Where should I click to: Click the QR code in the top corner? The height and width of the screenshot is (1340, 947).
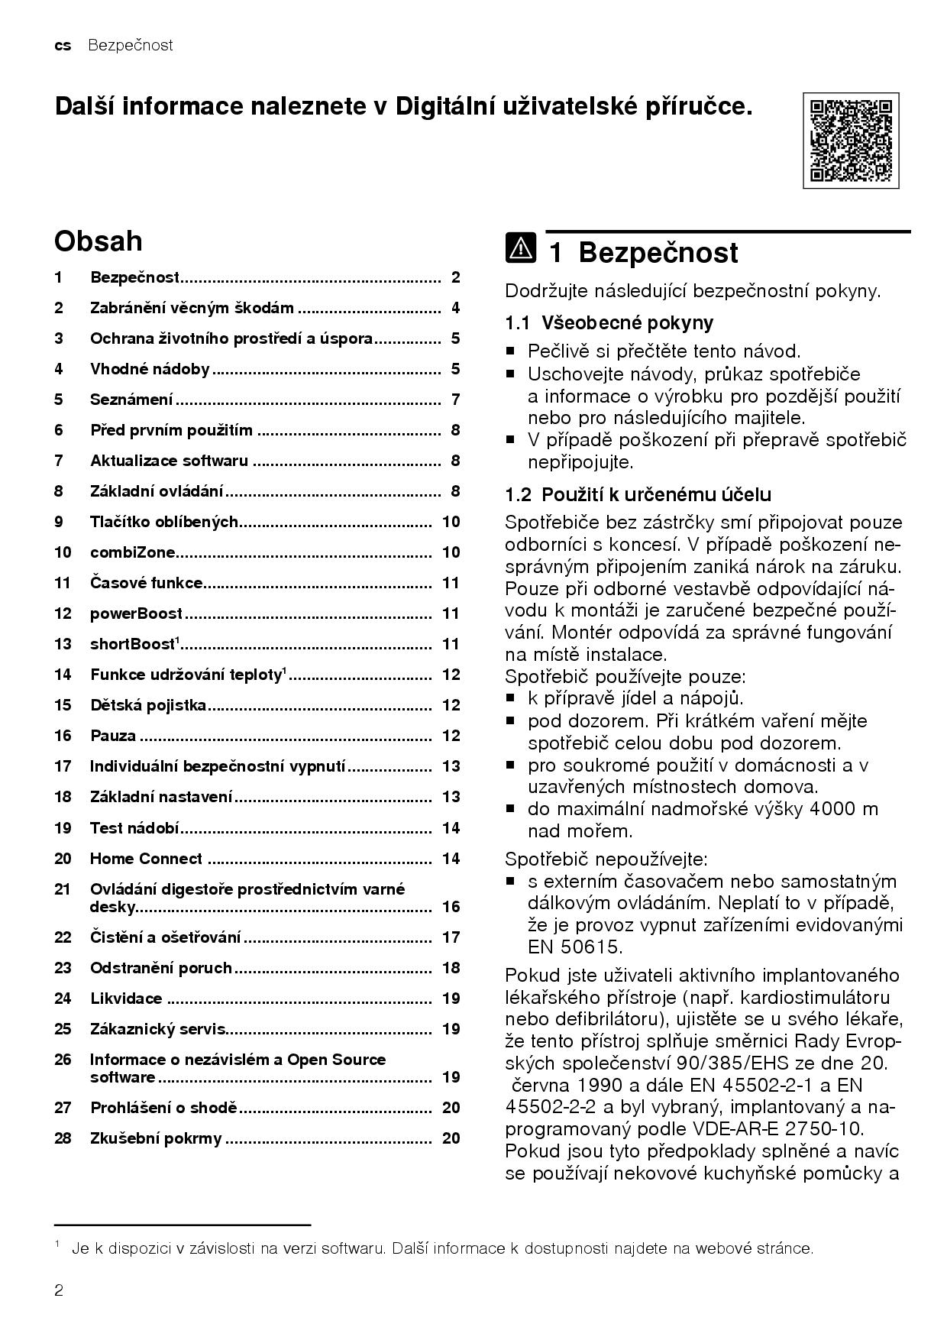[x=850, y=141]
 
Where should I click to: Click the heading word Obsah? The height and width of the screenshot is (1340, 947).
[x=98, y=241]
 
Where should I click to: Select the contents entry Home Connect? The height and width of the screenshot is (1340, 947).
[x=146, y=859]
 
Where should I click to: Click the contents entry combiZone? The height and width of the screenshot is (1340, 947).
[x=132, y=552]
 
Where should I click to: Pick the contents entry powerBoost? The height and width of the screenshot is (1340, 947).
[x=136, y=613]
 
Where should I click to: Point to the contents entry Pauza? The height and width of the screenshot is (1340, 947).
[x=113, y=736]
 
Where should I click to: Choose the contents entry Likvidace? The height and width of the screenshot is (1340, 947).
[x=126, y=999]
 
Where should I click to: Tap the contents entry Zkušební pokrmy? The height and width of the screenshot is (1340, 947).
[x=156, y=1138]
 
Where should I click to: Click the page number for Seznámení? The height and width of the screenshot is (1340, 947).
[x=455, y=400]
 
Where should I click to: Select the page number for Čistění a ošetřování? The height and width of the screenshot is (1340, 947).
[x=451, y=937]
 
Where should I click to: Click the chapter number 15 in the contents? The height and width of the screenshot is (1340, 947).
[x=63, y=705]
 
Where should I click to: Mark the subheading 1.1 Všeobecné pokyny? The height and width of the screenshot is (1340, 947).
[x=609, y=322]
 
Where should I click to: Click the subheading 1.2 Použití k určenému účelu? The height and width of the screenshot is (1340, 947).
[x=638, y=494]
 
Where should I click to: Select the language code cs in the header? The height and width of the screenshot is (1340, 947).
[x=63, y=45]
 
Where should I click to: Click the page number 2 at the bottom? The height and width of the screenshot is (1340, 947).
[x=59, y=1290]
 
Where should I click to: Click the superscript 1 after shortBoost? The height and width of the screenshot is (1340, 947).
[x=177, y=640]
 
